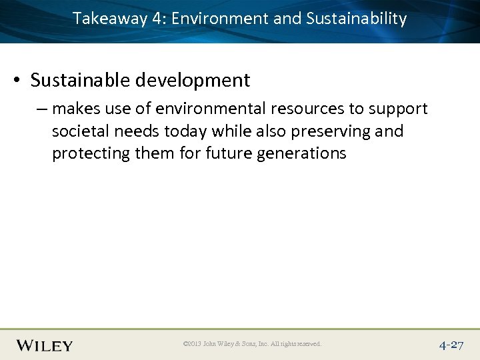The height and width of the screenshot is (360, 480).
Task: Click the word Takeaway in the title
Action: tap(109, 19)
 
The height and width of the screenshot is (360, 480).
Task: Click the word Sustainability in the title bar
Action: tap(356, 19)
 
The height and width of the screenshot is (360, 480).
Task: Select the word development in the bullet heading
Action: tap(193, 81)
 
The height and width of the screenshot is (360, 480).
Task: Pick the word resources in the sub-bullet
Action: tap(309, 109)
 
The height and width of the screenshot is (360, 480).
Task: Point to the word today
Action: tap(187, 131)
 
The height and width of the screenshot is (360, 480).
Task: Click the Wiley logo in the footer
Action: tap(44, 345)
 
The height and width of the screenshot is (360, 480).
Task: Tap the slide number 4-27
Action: tap(451, 345)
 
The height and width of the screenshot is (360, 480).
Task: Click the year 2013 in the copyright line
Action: tap(193, 344)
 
